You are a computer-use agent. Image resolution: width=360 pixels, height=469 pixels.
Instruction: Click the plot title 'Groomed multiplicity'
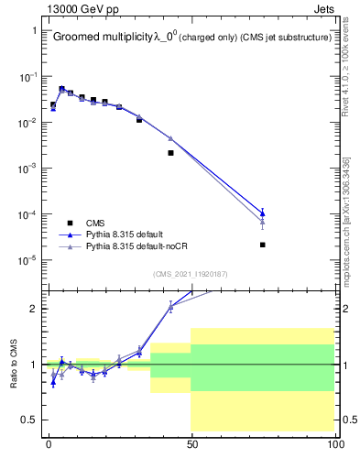102,38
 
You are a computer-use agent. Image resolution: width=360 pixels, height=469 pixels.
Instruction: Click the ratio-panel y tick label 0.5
29,420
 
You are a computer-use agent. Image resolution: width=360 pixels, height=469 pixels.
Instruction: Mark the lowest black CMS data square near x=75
263,245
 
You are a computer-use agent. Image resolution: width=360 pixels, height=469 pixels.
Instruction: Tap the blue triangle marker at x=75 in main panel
263,213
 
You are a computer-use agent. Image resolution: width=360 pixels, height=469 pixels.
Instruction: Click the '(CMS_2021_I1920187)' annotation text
190,274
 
